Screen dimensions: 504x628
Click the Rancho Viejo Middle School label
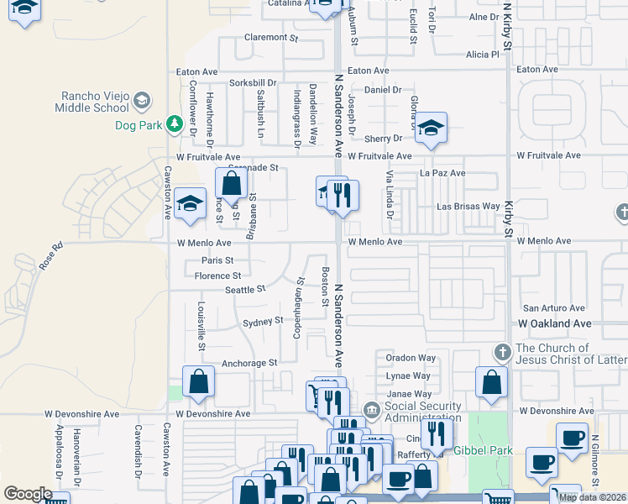[x=92, y=102]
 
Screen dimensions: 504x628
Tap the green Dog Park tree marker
[x=174, y=124]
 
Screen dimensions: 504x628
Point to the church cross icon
[x=501, y=351]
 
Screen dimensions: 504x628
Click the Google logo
[x=28, y=494]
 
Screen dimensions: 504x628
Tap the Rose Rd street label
[x=50, y=256]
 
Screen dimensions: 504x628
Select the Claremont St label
[x=271, y=38]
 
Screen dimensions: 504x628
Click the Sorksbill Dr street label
[x=253, y=83]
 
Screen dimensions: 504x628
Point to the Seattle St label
[x=244, y=289]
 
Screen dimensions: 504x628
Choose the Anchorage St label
[x=249, y=363]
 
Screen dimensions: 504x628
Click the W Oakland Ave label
[x=555, y=323]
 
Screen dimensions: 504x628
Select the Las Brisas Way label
[x=468, y=207]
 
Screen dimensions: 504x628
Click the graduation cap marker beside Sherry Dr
[x=430, y=128]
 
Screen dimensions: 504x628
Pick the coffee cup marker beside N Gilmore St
[x=573, y=437]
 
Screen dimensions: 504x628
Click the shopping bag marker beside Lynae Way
[x=491, y=381]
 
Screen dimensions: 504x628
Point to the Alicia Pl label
[x=483, y=55]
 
